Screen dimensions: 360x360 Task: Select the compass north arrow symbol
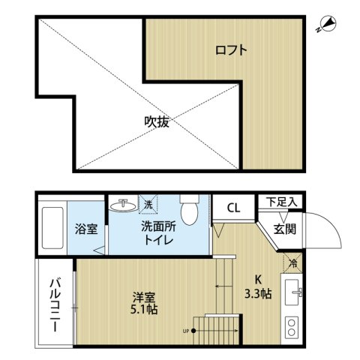tap(325, 25)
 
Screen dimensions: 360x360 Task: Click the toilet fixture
tap(188, 211)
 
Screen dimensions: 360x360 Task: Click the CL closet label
tap(233, 207)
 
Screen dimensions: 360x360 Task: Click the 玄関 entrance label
tap(282, 229)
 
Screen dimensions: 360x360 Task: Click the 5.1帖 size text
tap(139, 309)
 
